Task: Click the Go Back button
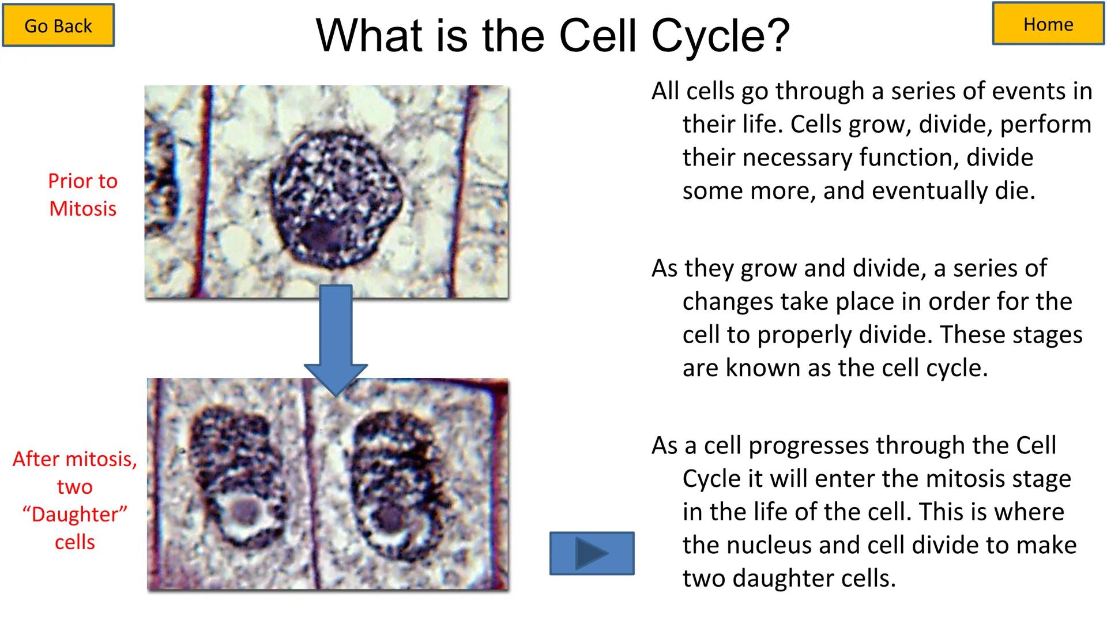[58, 25]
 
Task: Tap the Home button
[1048, 24]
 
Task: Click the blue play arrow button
[592, 553]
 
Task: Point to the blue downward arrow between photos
[336, 337]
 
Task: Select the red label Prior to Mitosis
[82, 194]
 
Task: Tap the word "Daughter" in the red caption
[75, 514]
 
